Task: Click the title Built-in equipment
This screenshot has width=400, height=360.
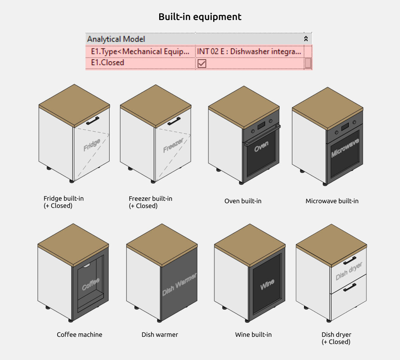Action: click(200, 17)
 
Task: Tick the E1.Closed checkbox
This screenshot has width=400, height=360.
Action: click(202, 63)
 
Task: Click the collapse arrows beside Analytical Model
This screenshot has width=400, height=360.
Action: click(306, 39)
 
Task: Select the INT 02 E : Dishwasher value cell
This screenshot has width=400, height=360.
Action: click(249, 51)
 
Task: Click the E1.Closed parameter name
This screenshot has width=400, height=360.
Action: click(108, 62)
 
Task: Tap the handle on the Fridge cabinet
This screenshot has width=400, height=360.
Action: click(93, 120)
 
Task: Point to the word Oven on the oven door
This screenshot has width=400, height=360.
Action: click(261, 147)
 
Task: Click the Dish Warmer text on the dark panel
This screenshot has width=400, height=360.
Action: click(179, 285)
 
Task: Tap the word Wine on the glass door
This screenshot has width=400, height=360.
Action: click(267, 285)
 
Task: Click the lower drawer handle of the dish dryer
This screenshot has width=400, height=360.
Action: click(350, 287)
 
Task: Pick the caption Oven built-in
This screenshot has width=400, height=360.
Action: click(243, 201)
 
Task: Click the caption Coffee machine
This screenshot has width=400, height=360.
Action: click(80, 334)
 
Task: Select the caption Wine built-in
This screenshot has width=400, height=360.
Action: click(253, 334)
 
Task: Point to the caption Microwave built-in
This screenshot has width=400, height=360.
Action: click(332, 201)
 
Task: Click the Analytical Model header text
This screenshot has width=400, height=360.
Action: click(116, 39)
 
